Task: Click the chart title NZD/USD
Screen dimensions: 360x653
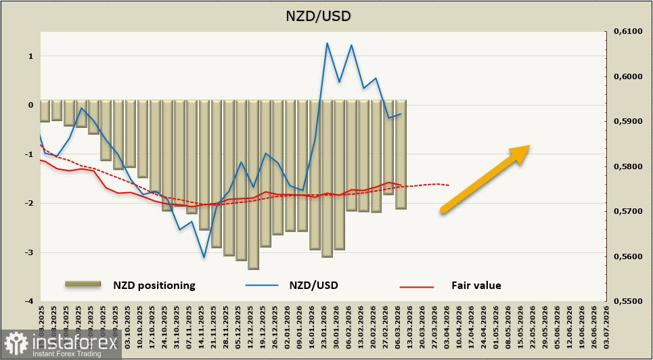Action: (327, 15)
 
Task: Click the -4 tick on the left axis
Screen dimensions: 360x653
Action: (29, 301)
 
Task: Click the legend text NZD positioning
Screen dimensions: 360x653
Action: (154, 286)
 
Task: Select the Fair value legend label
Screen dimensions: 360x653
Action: (476, 286)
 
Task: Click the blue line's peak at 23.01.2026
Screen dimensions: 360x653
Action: (327, 43)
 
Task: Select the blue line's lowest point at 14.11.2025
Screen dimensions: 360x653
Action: (204, 257)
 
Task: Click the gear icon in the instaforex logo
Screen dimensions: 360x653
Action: (15, 343)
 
